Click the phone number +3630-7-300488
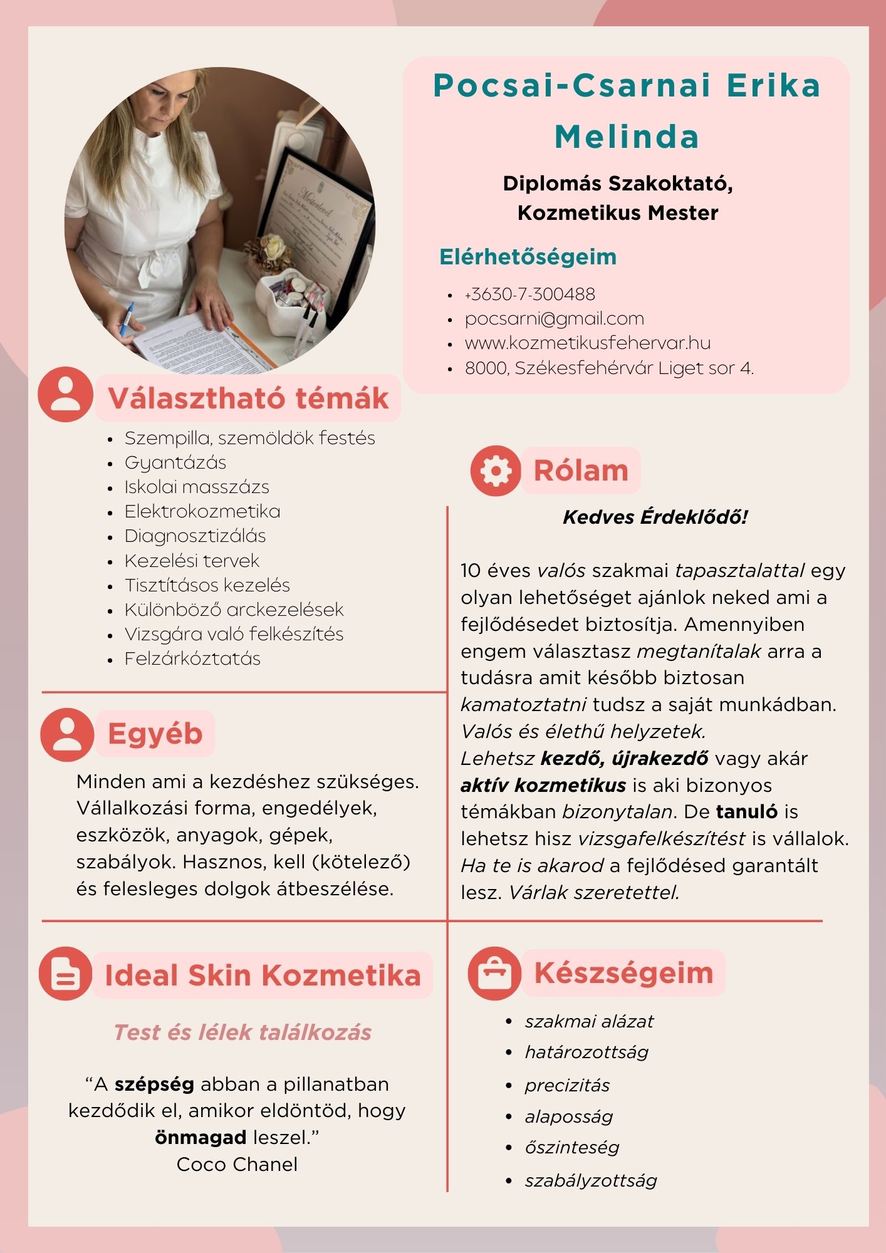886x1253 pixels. [x=529, y=294]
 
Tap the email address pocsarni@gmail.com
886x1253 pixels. [x=554, y=319]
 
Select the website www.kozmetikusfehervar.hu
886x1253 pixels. [x=587, y=343]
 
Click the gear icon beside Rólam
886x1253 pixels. [x=495, y=471]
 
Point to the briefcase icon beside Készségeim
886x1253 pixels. [x=494, y=973]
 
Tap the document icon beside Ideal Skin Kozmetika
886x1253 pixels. [x=66, y=974]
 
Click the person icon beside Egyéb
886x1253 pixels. [x=66, y=735]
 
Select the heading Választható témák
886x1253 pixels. [x=248, y=398]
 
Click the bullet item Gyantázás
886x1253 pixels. [x=175, y=462]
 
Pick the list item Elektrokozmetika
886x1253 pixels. [x=202, y=511]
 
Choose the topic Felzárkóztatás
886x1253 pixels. [x=192, y=658]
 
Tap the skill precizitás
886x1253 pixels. [x=567, y=1085]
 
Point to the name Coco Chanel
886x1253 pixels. [x=237, y=1164]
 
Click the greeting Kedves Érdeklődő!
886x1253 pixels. [x=655, y=517]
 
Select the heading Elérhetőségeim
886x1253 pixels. [x=528, y=257]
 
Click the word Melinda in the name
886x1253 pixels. [x=627, y=137]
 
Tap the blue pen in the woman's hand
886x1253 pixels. [x=128, y=318]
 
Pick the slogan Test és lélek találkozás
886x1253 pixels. [x=242, y=1032]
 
